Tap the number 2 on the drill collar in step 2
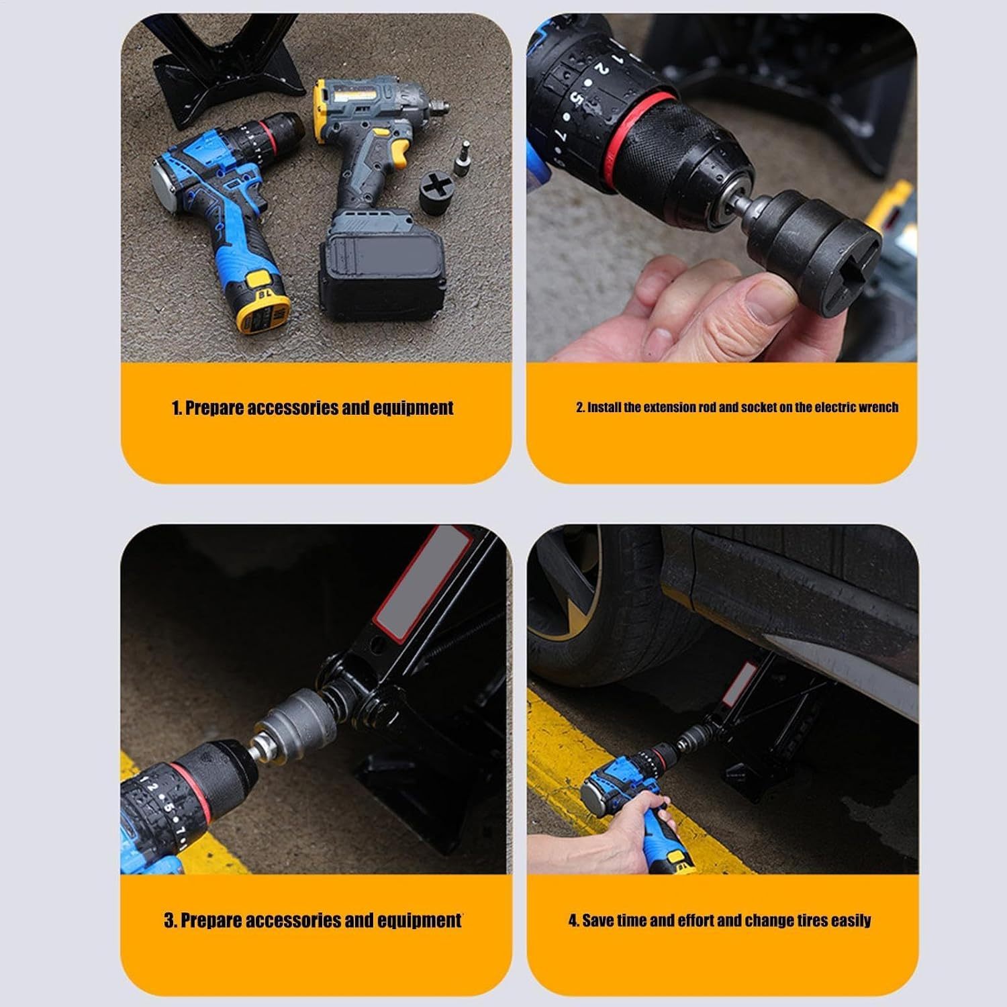(x=602, y=70)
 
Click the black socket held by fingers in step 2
(x=816, y=235)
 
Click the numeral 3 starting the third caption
(x=169, y=920)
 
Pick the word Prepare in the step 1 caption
(x=214, y=408)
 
